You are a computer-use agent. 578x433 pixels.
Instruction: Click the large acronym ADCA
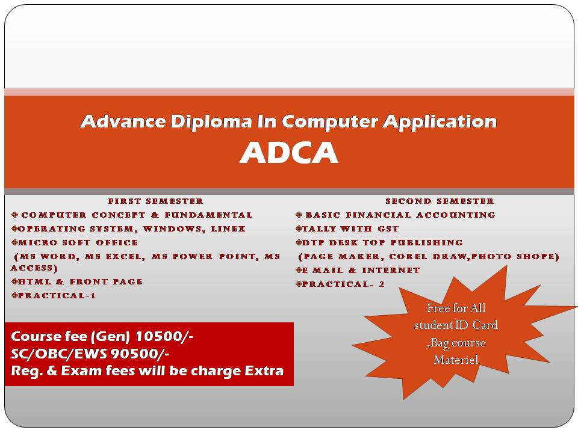point(289,152)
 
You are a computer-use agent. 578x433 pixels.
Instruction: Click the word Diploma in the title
point(211,121)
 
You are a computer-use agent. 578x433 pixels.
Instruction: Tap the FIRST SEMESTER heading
point(155,201)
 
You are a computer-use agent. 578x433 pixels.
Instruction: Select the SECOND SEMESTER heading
point(440,201)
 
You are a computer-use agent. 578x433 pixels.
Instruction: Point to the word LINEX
point(228,229)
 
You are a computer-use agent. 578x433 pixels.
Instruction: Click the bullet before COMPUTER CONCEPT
point(14,215)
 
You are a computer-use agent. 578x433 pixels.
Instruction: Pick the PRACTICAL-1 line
point(54,295)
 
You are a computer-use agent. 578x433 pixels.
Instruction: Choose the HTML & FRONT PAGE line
point(77,281)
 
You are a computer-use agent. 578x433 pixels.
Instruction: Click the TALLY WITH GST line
point(347,229)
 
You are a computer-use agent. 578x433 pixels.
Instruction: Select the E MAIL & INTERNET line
point(358,270)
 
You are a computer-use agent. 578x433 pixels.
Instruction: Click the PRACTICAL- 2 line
point(340,284)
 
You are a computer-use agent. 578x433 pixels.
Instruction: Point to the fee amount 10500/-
point(164,336)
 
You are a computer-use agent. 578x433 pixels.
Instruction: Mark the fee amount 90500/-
point(140,354)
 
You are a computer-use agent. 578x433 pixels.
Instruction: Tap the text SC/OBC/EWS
point(60,354)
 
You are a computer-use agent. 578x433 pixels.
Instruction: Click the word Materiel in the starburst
point(456,360)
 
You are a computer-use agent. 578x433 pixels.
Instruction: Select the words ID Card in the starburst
point(476,325)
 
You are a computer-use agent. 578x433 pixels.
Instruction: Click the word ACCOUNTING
point(456,215)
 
